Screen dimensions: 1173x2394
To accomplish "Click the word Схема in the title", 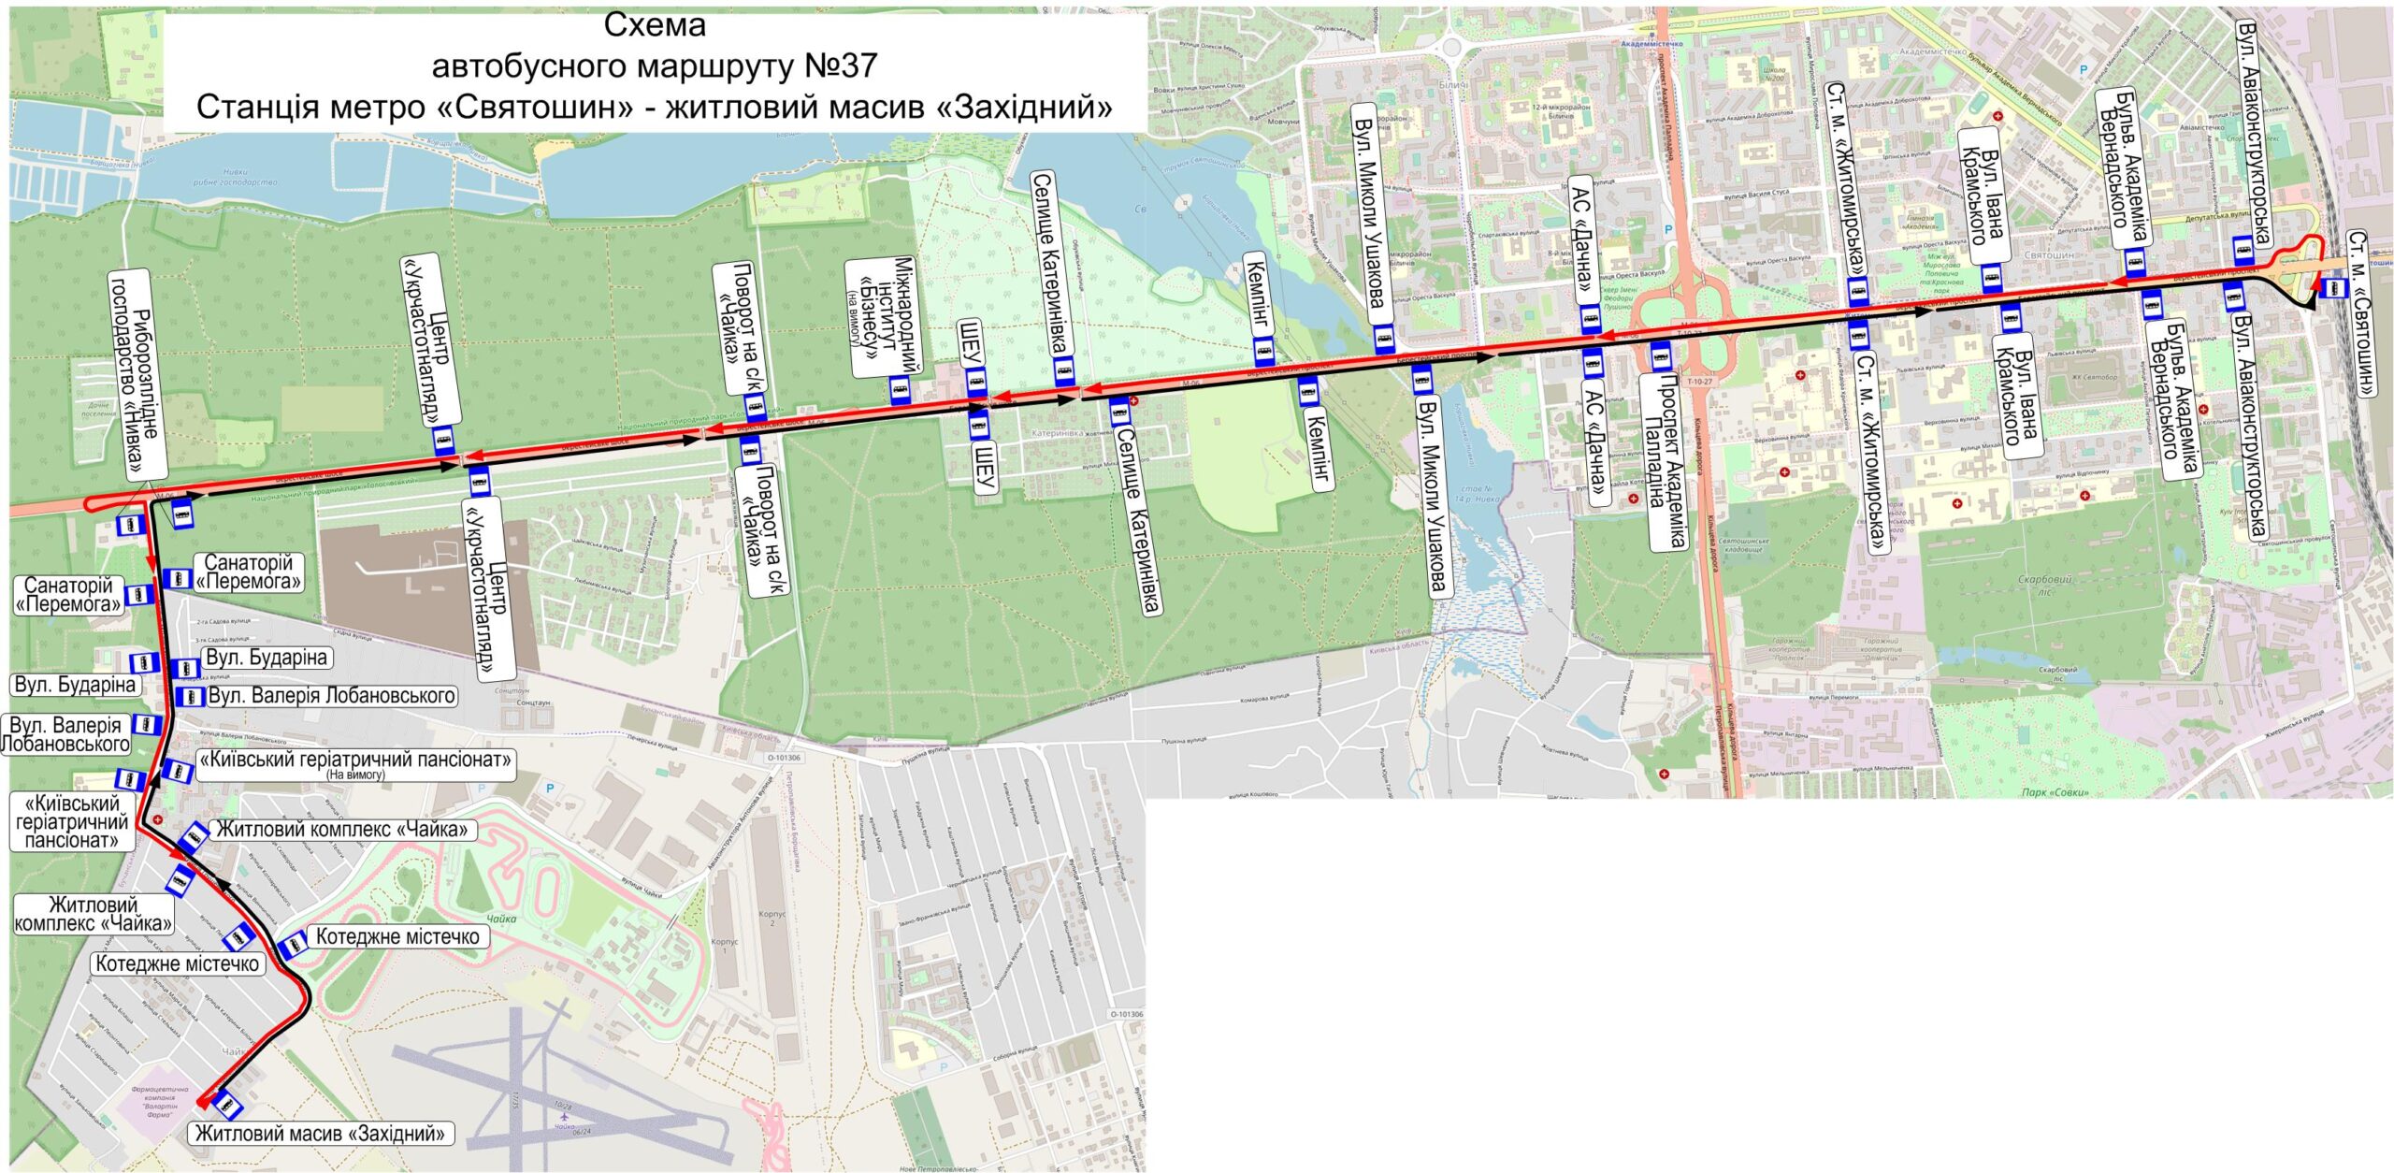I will pyautogui.click(x=655, y=25).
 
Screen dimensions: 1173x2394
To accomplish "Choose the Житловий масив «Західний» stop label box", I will pyautogui.click(x=320, y=1134).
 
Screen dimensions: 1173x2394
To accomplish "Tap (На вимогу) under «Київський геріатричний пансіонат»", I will pyautogui.click(x=355, y=775).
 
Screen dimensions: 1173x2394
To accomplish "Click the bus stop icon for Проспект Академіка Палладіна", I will pyautogui.click(x=1661, y=355).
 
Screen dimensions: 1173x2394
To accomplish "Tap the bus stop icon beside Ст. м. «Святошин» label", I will pyautogui.click(x=2332, y=289).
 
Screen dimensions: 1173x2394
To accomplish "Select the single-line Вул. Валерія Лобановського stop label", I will pyautogui.click(x=331, y=696).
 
